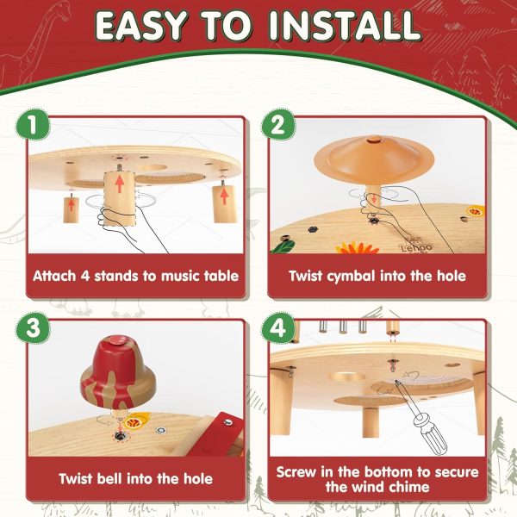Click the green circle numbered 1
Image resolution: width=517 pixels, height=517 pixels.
tap(33, 125)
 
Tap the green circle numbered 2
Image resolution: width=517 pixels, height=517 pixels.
tap(278, 125)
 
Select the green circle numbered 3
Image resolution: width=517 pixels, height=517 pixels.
tap(33, 328)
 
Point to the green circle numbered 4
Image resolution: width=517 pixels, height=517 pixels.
tap(278, 328)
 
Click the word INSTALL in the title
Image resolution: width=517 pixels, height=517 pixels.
tap(345, 26)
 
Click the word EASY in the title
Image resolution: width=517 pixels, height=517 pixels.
tap(140, 26)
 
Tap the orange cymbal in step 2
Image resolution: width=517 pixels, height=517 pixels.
tap(374, 157)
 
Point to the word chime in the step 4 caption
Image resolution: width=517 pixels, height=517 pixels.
tap(410, 487)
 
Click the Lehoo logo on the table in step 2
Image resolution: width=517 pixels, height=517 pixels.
tap(415, 247)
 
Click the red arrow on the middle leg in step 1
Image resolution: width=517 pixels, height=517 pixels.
tap(120, 184)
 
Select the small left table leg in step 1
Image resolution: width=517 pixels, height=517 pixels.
tap(71, 209)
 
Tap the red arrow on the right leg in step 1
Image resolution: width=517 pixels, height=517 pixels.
tap(224, 196)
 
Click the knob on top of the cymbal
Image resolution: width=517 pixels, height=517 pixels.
tap(375, 139)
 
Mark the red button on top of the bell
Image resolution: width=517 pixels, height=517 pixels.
tap(115, 340)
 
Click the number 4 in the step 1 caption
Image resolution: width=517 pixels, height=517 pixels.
tap(85, 276)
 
